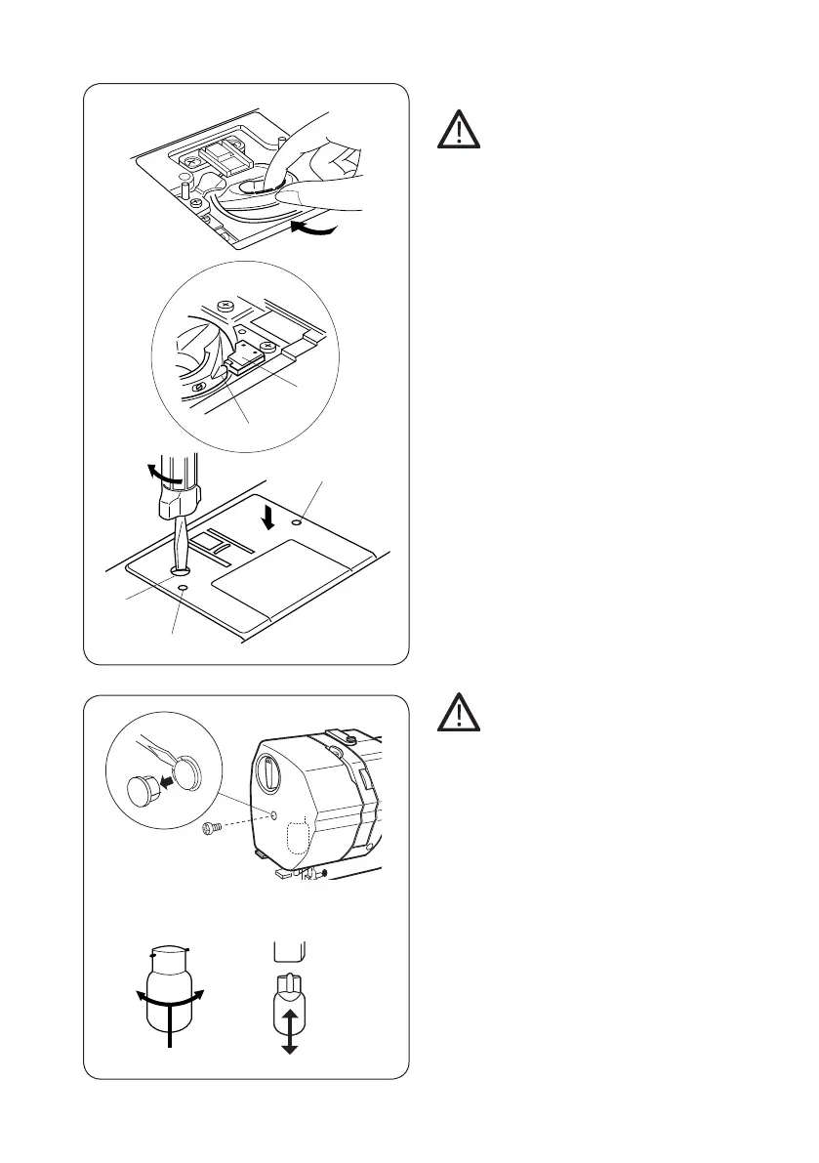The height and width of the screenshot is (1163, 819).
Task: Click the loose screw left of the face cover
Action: coord(209,827)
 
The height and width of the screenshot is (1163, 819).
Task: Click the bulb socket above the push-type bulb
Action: coord(290,950)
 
